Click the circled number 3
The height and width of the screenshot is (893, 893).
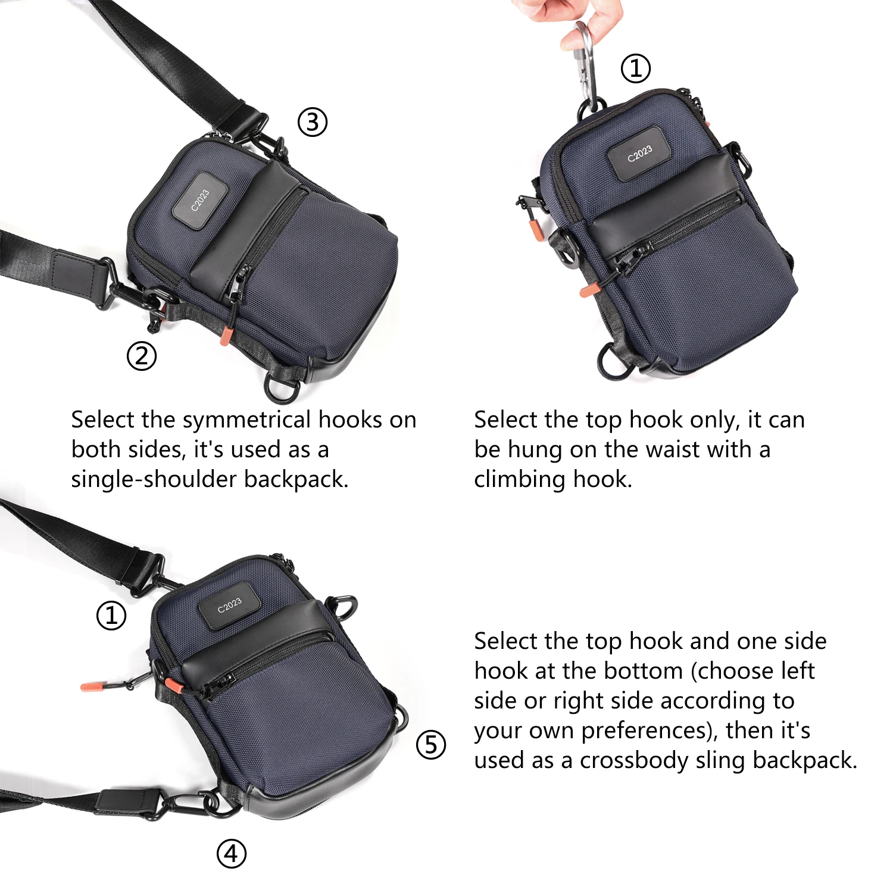(313, 123)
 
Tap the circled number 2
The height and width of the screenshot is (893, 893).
(142, 356)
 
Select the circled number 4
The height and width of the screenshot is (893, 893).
(231, 854)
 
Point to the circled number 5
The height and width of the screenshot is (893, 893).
(430, 745)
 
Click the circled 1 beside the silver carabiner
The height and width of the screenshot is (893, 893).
(636, 68)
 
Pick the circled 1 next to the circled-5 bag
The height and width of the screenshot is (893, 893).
(111, 616)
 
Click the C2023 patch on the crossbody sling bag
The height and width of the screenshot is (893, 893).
(229, 605)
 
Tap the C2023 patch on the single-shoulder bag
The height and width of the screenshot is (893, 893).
(200, 200)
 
